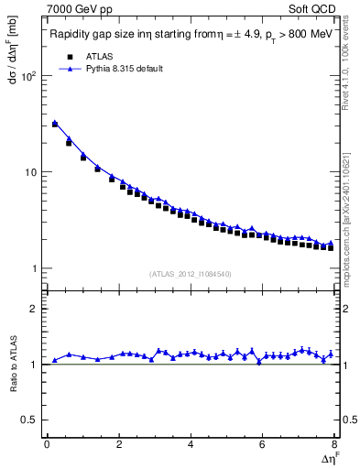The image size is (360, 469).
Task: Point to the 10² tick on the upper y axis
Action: [29, 76]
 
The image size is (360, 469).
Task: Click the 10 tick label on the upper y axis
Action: [31, 172]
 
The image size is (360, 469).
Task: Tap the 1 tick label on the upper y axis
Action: [35, 268]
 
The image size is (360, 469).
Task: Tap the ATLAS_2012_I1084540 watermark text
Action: [191, 273]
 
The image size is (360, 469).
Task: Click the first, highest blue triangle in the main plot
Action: [55, 122]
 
